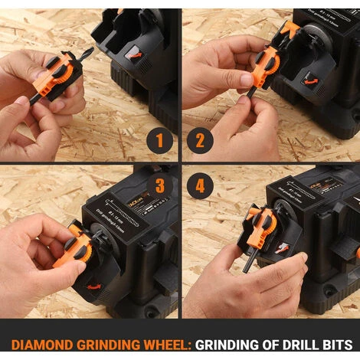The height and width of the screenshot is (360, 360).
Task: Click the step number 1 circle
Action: [159, 141]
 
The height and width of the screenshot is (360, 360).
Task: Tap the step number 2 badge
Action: [201, 141]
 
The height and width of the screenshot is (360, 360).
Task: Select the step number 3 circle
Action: [159, 185]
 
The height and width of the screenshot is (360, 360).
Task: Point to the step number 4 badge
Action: [201, 185]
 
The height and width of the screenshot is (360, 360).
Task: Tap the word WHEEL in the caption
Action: [161, 344]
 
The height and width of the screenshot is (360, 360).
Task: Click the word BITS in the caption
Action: [338, 344]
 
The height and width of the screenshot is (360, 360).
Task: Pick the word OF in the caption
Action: [263, 344]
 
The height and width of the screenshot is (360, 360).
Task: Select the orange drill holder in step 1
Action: [62, 73]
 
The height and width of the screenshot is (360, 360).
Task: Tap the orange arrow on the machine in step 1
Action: [134, 54]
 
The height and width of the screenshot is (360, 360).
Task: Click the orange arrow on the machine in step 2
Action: [311, 77]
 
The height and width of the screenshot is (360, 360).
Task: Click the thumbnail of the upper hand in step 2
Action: [247, 80]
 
